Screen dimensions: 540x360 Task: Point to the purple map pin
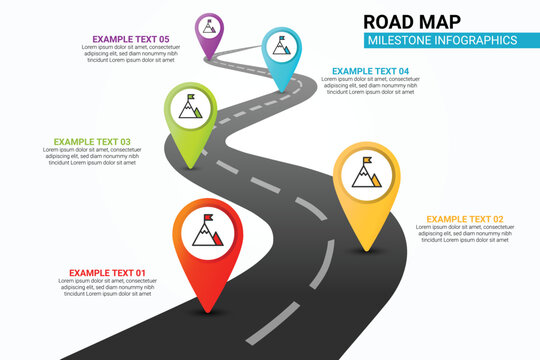(x=210, y=30)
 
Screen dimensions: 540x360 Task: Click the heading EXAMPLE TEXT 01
(x=107, y=273)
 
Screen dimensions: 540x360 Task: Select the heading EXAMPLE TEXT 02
(x=464, y=219)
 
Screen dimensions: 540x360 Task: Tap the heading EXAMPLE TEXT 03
(x=92, y=142)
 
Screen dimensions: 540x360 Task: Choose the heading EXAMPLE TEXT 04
(x=370, y=71)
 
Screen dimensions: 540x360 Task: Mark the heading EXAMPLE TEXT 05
(x=131, y=39)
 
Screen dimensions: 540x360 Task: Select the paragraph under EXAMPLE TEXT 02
(x=466, y=234)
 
